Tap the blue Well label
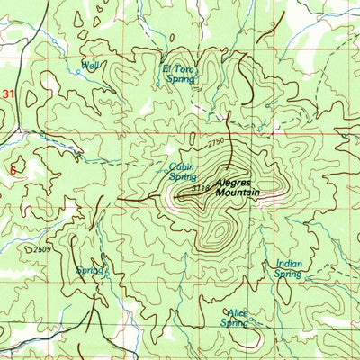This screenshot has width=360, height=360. pos(89,66)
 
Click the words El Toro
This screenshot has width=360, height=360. pos(177,68)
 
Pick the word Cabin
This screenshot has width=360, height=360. pos(181,166)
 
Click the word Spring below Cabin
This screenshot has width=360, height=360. pos(183,177)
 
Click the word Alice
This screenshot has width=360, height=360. pos(237,312)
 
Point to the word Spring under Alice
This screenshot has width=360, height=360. pos(234,323)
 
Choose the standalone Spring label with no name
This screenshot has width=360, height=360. pos(89,270)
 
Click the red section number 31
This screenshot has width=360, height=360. pos(9,94)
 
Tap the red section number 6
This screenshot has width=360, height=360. pos(12,168)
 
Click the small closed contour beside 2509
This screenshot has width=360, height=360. pos(25,245)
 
